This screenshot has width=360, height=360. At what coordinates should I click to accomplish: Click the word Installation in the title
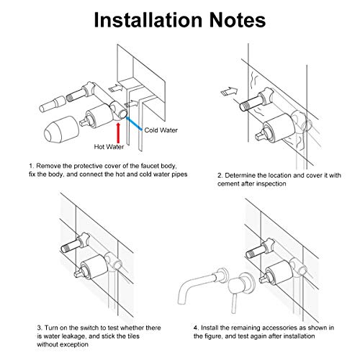click(x=148, y=20)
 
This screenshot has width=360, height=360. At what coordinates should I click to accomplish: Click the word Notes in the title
click(x=238, y=20)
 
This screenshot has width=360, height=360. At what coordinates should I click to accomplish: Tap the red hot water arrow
click(x=118, y=133)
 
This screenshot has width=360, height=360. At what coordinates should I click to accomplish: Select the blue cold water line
click(x=134, y=123)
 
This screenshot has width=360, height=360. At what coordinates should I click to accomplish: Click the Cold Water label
click(x=161, y=130)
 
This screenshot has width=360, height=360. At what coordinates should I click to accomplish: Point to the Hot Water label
click(x=109, y=147)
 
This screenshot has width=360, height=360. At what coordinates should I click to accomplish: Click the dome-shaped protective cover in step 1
click(x=61, y=129)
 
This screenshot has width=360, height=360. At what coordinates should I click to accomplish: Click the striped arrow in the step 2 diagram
click(x=229, y=91)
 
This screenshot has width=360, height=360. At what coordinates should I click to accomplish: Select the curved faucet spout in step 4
click(x=199, y=286)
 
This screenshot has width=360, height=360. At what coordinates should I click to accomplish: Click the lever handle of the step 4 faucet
click(x=234, y=304)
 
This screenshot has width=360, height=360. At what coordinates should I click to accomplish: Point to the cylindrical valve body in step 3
click(x=94, y=266)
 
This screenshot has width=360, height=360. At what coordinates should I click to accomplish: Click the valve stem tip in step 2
click(x=258, y=138)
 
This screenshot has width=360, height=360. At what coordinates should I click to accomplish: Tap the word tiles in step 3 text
click(x=132, y=336)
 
